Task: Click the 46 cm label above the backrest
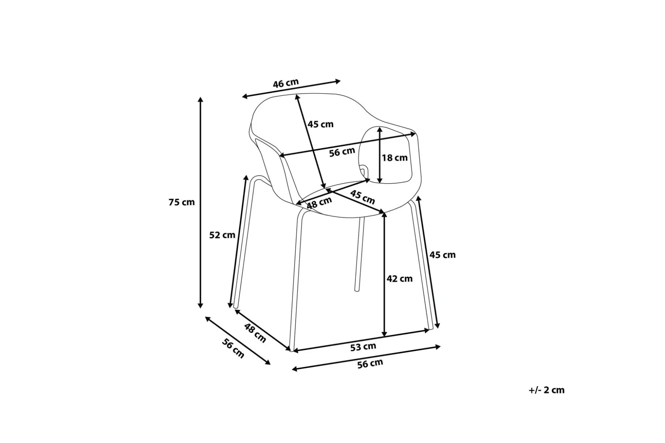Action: click(x=286, y=84)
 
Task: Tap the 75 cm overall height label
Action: click(x=182, y=202)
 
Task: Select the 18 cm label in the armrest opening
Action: click(x=395, y=158)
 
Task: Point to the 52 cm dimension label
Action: click(x=222, y=235)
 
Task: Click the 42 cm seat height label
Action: click(x=400, y=279)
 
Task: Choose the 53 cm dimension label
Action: click(x=363, y=347)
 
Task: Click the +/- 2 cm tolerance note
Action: click(x=547, y=390)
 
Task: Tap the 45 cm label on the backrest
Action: click(x=320, y=124)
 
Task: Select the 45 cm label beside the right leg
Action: click(x=443, y=255)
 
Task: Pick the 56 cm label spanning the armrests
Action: click(x=342, y=152)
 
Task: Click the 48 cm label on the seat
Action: click(x=319, y=203)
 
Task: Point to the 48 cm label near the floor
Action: click(x=255, y=333)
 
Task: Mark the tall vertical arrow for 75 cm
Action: click(x=201, y=202)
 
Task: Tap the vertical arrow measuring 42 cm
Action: click(x=385, y=274)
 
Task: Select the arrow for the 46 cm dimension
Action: click(x=291, y=89)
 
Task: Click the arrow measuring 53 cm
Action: click(x=361, y=340)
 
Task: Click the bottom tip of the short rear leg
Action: click(x=356, y=290)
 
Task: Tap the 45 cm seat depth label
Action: click(x=363, y=197)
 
